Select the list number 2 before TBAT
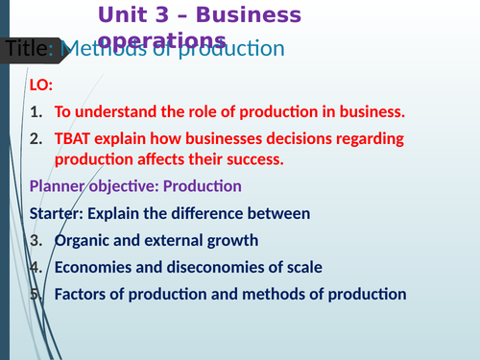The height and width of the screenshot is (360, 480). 36,138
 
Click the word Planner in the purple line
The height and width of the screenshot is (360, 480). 60,185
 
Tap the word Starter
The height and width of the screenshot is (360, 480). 59,212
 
